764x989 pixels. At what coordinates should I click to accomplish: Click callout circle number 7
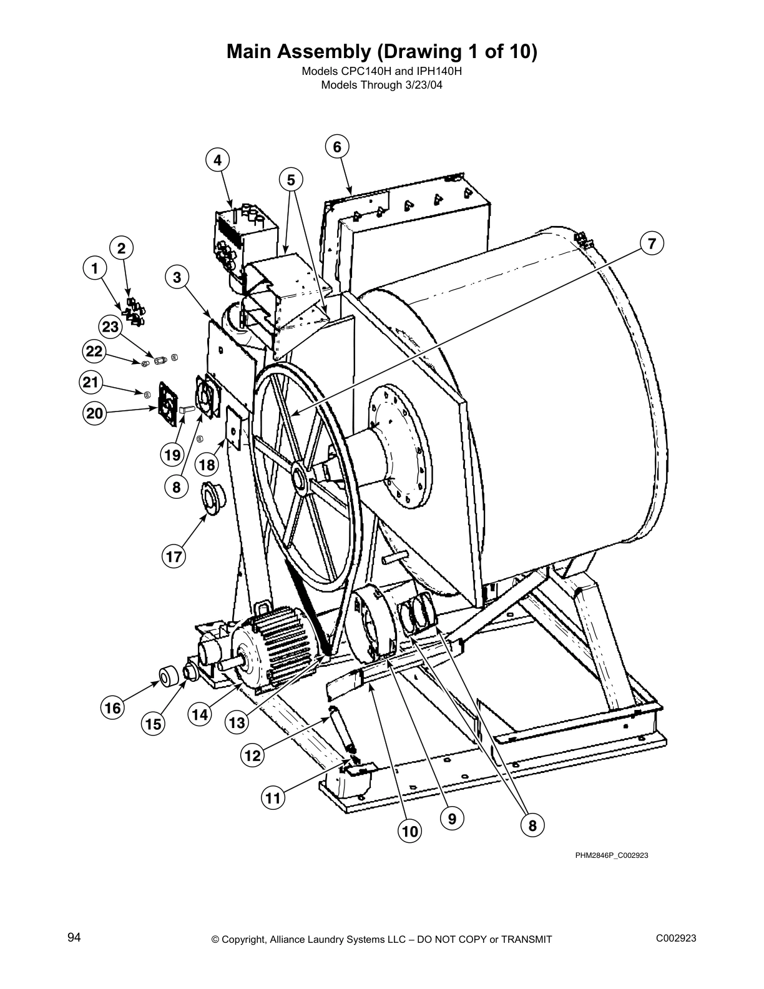651,244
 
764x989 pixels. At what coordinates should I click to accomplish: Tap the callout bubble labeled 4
217,160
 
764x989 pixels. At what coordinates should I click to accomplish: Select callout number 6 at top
337,147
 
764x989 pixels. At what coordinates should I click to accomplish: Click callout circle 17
174,556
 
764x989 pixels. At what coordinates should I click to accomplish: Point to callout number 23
110,327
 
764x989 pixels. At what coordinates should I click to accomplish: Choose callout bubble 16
112,707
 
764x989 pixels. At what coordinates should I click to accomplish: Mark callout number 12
252,755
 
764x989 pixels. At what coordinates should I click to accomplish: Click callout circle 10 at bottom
409,831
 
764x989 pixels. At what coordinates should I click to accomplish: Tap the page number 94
74,937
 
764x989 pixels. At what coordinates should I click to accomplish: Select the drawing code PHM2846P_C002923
611,855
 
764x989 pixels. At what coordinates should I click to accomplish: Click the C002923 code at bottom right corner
676,938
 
